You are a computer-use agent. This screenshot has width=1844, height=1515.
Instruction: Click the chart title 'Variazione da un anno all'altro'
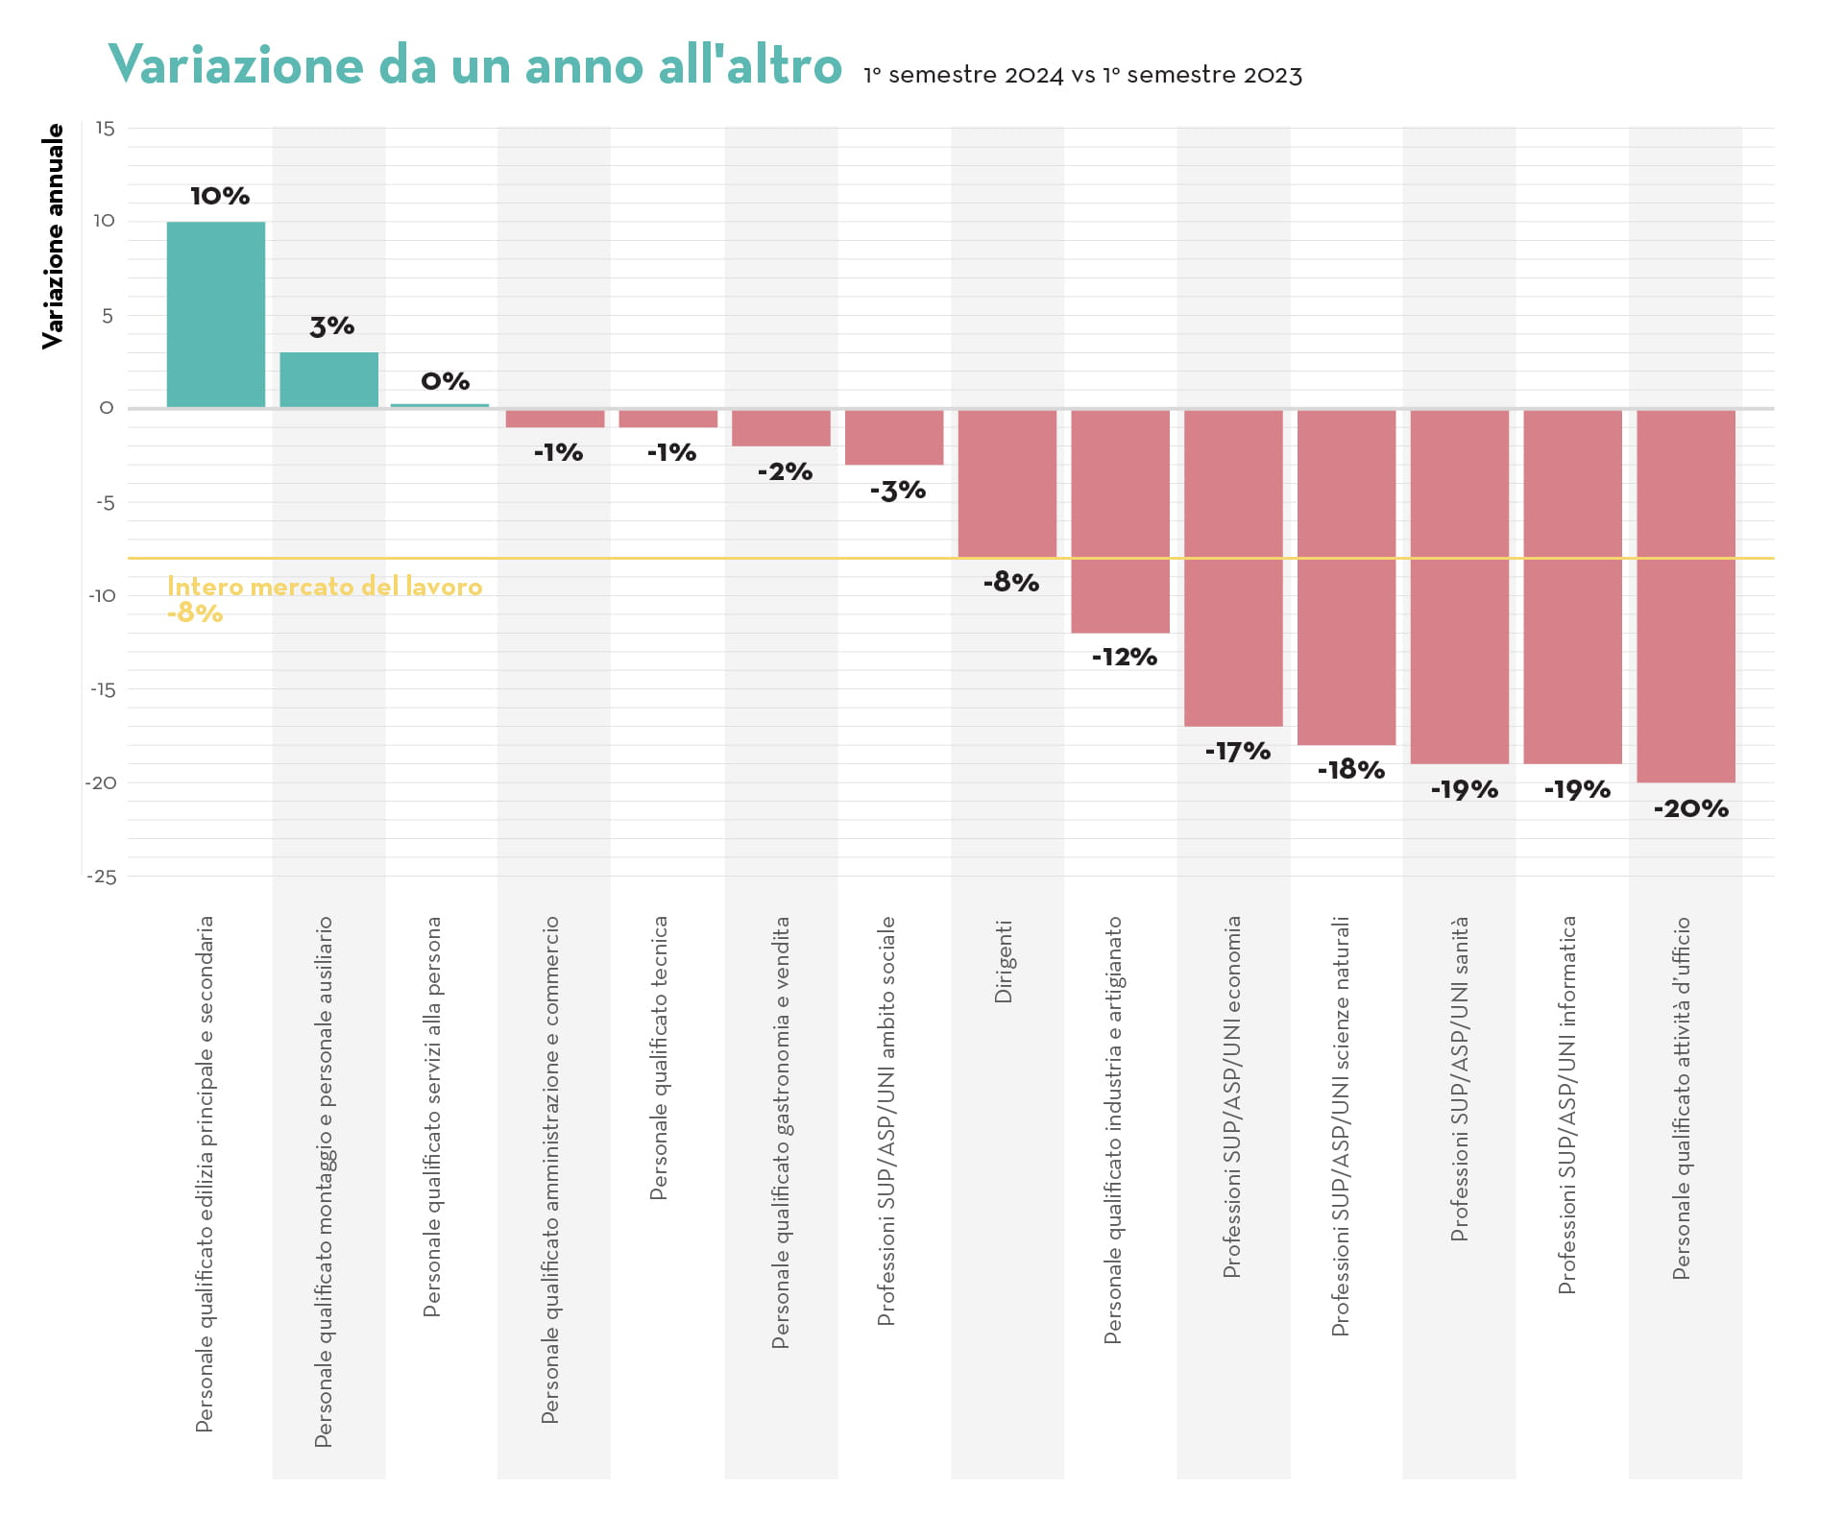click(x=474, y=65)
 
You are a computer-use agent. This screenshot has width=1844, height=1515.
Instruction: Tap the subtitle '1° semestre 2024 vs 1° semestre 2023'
click(x=1082, y=75)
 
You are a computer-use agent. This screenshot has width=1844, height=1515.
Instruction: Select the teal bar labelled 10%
click(x=216, y=315)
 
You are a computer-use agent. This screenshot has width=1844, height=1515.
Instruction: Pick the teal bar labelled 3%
click(x=328, y=380)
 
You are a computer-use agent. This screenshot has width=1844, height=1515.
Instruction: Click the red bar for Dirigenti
click(x=1007, y=483)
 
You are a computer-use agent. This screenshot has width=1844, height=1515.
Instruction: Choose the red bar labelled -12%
click(x=1121, y=521)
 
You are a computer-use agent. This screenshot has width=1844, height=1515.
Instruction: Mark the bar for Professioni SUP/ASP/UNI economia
click(x=1233, y=567)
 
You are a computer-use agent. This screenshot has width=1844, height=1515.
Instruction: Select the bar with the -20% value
click(x=1686, y=596)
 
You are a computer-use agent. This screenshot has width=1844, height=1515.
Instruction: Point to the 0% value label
click(x=446, y=381)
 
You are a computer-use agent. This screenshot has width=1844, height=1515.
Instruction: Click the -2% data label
click(x=785, y=471)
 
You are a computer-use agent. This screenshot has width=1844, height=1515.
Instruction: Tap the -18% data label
click(x=1350, y=770)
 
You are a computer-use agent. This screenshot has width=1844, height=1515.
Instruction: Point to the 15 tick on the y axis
click(x=105, y=129)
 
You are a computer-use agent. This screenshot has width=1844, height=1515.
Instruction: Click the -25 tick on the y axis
click(x=102, y=877)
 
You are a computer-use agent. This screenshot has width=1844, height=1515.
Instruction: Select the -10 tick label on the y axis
click(x=102, y=595)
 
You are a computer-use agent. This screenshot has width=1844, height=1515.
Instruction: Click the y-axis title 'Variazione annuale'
click(x=54, y=236)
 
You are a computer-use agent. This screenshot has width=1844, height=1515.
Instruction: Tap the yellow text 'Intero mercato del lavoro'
click(x=325, y=587)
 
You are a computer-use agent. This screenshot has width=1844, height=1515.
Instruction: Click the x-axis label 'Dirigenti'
click(x=1004, y=962)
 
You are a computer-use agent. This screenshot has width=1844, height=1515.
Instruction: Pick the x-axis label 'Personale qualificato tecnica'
click(x=659, y=1058)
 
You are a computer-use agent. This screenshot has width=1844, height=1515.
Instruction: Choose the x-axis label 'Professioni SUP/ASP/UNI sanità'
click(x=1460, y=1078)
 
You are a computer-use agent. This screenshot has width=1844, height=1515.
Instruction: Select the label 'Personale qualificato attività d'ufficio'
click(x=1682, y=1097)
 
